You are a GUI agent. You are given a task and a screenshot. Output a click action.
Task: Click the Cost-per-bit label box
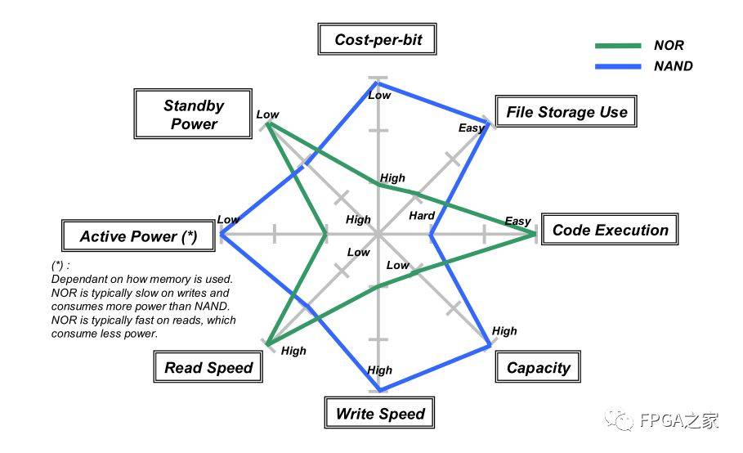coord(377,39)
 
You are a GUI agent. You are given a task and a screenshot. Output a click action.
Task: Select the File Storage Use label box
coord(566,111)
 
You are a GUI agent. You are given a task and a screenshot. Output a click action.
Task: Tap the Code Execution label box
coord(610,229)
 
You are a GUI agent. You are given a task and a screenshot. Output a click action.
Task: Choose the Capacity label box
coord(538,367)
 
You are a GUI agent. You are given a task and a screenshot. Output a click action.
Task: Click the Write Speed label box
coord(379,413)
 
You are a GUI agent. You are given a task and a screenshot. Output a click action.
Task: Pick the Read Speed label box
coord(208,367)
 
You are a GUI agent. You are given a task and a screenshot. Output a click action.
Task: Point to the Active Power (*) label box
coord(138,235)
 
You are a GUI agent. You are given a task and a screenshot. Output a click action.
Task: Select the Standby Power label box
coord(193,114)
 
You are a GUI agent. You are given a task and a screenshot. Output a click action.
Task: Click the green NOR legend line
coord(618,46)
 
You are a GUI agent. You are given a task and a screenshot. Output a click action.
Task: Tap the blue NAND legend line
coord(618,66)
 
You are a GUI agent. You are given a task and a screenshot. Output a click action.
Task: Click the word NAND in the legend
coord(673,66)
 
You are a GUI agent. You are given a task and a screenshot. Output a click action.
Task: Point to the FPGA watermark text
coord(678,420)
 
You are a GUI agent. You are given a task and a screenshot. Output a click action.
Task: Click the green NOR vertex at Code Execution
coord(534,233)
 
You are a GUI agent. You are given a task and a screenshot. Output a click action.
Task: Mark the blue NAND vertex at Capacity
coord(490,346)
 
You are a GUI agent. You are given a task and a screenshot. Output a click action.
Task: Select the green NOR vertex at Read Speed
coord(268,344)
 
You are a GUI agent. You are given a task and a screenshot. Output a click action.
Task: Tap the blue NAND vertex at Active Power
coord(222,234)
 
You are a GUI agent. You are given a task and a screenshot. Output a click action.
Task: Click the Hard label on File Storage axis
coord(422,216)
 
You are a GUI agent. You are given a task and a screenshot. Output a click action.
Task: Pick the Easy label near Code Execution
coord(517,221)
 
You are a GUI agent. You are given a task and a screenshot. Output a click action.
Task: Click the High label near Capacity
coord(504,330)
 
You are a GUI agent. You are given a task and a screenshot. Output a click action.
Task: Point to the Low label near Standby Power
coord(268,114)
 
